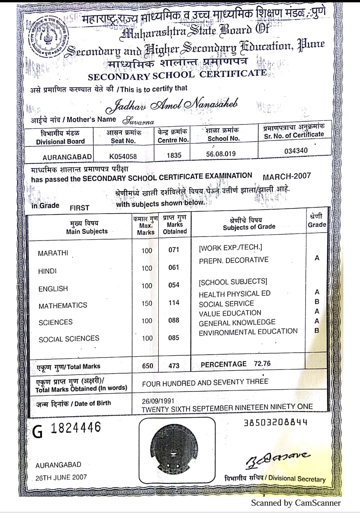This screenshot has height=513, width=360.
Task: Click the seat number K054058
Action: pyautogui.click(x=123, y=156)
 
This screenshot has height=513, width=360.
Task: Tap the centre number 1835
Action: pyautogui.click(x=174, y=155)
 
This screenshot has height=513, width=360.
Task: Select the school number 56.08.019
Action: pyautogui.click(x=221, y=154)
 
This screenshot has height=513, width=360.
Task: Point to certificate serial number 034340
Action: pyautogui.click(x=296, y=151)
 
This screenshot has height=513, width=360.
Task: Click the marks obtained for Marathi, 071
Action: pyautogui.click(x=174, y=250)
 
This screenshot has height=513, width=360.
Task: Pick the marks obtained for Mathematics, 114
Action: pyautogui.click(x=174, y=303)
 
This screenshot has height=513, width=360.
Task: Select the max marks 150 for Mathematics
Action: pyautogui.click(x=147, y=303)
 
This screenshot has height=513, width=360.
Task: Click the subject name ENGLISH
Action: pyautogui.click(x=53, y=289)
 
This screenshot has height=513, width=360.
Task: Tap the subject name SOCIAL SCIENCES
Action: pyautogui.click(x=69, y=339)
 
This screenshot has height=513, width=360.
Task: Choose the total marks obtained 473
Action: pyautogui.click(x=174, y=366)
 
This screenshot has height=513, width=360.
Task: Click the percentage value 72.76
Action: pyautogui.click(x=262, y=364)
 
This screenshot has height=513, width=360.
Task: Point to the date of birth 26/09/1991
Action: pyautogui.click(x=158, y=401)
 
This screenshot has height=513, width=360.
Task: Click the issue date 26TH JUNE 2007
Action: pyautogui.click(x=61, y=477)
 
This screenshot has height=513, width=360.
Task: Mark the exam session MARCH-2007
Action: pyautogui.click(x=287, y=176)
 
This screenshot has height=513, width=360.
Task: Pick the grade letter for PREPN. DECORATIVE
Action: pyautogui.click(x=317, y=258)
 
